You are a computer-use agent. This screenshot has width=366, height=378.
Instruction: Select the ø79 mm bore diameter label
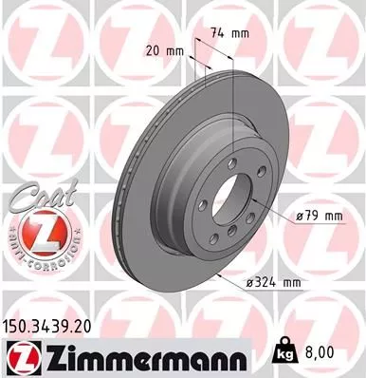pyautogui.click(x=317, y=217)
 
